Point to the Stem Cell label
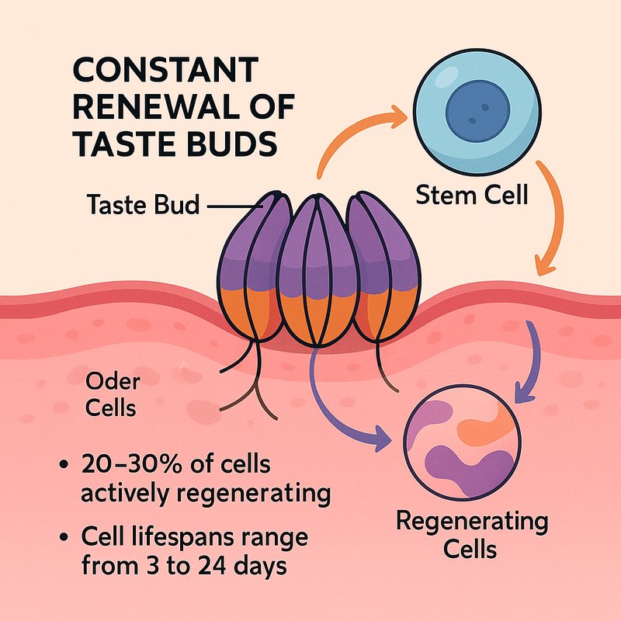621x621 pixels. coord(471,194)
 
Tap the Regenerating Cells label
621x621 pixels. coord(471,535)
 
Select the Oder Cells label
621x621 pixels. coord(112,394)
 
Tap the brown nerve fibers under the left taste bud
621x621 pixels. coord(241,388)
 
